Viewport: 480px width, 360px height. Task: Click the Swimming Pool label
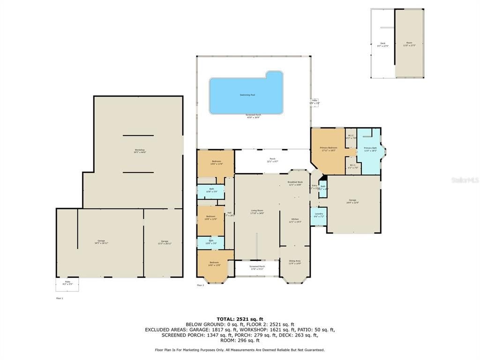(x=247, y=95)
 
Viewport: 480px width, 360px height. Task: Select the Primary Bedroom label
(x=328, y=149)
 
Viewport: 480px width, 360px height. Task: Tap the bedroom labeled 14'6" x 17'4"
(x=216, y=162)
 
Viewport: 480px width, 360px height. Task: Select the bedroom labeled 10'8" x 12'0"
(x=211, y=217)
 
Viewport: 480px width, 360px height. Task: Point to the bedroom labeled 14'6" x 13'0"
(x=214, y=263)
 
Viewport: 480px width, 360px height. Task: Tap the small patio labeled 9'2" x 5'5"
(x=67, y=283)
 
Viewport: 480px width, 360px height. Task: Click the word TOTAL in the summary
(x=227, y=319)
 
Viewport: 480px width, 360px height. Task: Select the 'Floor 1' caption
(x=60, y=298)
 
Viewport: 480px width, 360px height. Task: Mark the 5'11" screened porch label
(x=256, y=268)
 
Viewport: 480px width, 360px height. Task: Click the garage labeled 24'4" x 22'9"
(x=352, y=201)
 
